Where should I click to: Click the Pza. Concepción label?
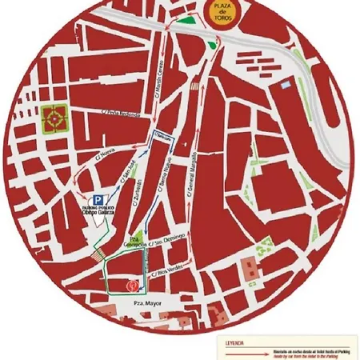[x=134, y=242]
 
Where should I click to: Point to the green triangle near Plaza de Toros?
[x=186, y=22]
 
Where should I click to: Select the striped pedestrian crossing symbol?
[x=98, y=255]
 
